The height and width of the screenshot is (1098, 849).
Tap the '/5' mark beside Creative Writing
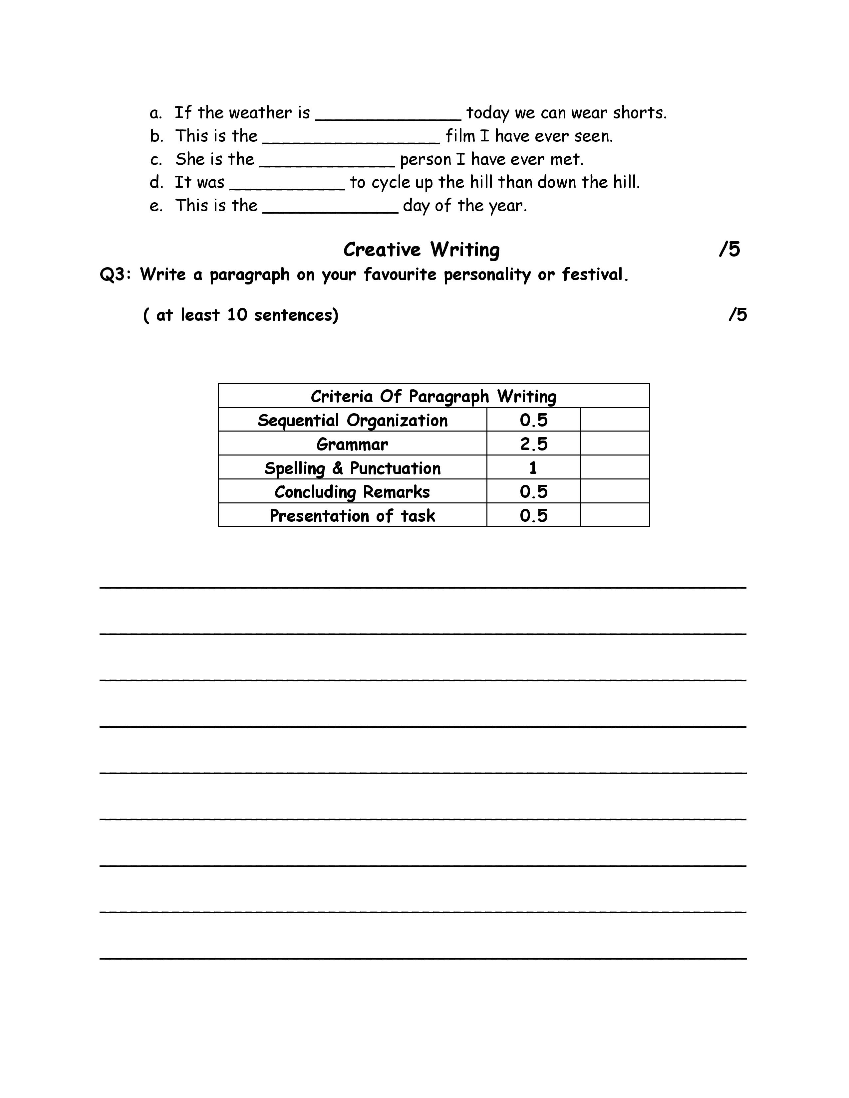(x=729, y=249)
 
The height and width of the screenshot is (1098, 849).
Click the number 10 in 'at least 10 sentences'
(x=237, y=315)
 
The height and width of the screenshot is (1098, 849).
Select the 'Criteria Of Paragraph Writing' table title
(x=433, y=396)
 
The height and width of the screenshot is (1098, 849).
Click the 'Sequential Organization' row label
(x=353, y=420)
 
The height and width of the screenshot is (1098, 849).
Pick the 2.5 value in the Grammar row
(x=534, y=444)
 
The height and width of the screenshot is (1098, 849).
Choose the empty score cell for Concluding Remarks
(x=615, y=491)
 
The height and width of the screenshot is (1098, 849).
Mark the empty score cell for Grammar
(x=615, y=444)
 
